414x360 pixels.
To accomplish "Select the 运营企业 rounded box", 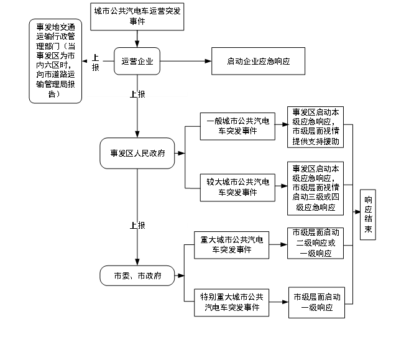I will tap(137, 61).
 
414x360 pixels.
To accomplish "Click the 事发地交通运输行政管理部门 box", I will tap(55, 61).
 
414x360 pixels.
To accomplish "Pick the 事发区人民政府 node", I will tap(137, 153).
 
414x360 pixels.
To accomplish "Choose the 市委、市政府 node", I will tap(137, 275).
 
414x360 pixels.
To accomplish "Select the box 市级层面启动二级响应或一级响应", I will tap(316, 243).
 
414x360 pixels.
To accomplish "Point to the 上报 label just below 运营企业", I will tap(137, 95).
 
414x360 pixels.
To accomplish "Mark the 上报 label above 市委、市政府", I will tap(137, 225).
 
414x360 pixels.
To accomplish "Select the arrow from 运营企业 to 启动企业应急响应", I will tap(186, 61).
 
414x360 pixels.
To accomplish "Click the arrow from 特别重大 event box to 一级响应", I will tap(279, 302).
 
